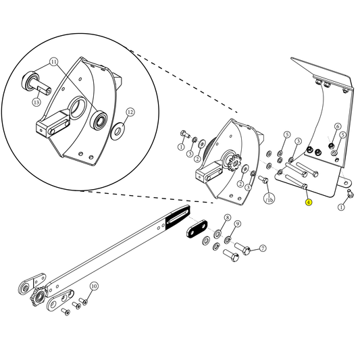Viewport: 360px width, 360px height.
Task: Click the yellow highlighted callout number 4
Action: click(x=308, y=202)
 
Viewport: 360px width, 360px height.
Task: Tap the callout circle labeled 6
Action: click(x=338, y=126)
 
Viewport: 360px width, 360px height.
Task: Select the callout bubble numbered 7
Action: click(x=263, y=249)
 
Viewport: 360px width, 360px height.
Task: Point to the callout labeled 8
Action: click(x=228, y=218)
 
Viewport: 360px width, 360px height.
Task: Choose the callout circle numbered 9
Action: click(x=238, y=224)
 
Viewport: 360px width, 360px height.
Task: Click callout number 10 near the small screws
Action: click(x=94, y=286)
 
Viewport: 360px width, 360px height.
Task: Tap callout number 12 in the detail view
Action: click(x=130, y=111)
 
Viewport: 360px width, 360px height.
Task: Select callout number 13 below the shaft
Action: click(x=36, y=102)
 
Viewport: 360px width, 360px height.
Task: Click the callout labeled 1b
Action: click(x=269, y=199)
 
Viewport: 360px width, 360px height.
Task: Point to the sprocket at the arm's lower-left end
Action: click(x=38, y=297)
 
